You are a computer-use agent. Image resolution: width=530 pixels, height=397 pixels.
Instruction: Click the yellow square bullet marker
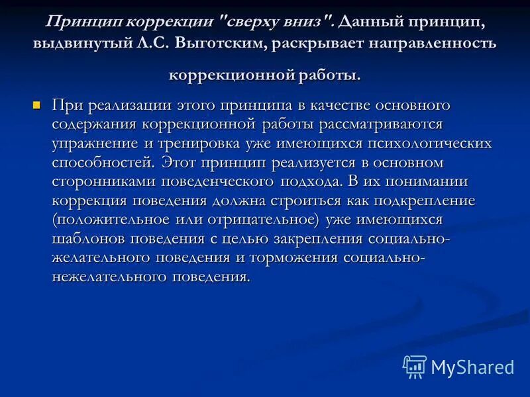click(x=37, y=105)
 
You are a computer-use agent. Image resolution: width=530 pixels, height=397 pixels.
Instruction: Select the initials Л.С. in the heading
click(x=154, y=45)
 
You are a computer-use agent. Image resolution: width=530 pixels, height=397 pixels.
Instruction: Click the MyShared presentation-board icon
click(x=415, y=366)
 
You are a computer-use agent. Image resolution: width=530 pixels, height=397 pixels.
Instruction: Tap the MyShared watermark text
click(x=472, y=367)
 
